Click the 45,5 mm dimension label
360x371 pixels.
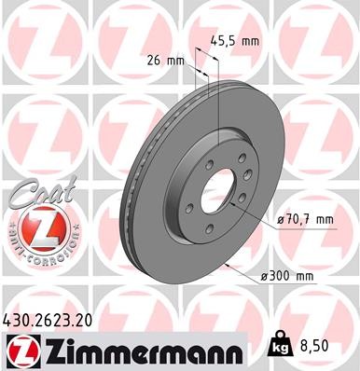pos(237,40)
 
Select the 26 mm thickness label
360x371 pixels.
pos(165,61)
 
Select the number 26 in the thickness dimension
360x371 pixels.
pos(155,61)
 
